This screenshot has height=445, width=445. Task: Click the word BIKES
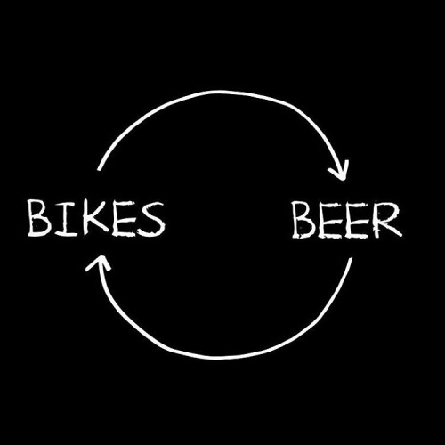pyautogui.click(x=96, y=219)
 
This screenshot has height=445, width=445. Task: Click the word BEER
pyautogui.click(x=347, y=220)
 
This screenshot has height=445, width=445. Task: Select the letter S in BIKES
pyautogui.click(x=151, y=219)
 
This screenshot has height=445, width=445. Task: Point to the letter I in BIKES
pyautogui.click(x=64, y=219)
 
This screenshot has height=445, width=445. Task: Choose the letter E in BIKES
pyautogui.click(x=124, y=219)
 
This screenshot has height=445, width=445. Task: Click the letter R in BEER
pyautogui.click(x=387, y=220)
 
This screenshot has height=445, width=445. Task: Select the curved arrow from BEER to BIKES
pyautogui.click(x=221, y=357)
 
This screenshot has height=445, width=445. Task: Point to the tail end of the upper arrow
pyautogui.click(x=99, y=170)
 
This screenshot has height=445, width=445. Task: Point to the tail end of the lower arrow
pyautogui.click(x=351, y=258)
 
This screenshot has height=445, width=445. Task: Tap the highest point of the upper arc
pyautogui.click(x=221, y=92)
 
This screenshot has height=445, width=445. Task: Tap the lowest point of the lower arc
pyautogui.click(x=220, y=358)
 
